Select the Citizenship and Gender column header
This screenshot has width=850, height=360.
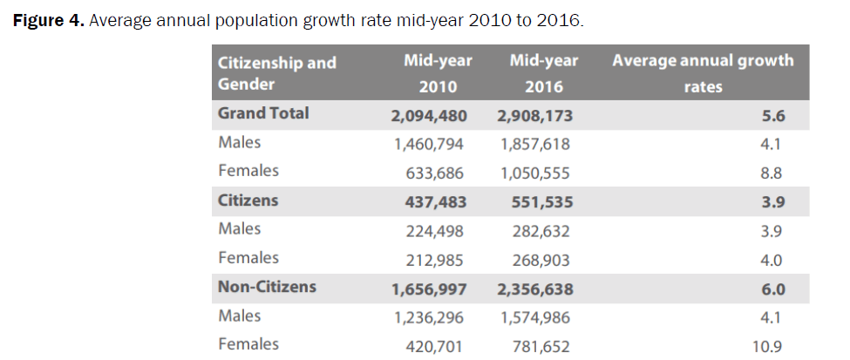pyautogui.click(x=276, y=73)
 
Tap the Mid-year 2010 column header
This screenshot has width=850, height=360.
pyautogui.click(x=438, y=73)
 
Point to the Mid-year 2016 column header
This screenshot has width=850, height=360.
pyautogui.click(x=544, y=73)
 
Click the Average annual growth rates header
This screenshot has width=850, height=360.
pyautogui.click(x=703, y=73)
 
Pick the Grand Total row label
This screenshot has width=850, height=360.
pyautogui.click(x=263, y=113)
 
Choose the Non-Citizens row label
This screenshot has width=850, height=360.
pyautogui.click(x=267, y=287)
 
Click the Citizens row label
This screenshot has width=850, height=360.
pyautogui.click(x=248, y=200)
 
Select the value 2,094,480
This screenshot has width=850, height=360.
pyautogui.click(x=425, y=114)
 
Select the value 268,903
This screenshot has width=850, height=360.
pyautogui.click(x=538, y=259)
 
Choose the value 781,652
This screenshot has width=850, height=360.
pyautogui.click(x=538, y=346)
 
